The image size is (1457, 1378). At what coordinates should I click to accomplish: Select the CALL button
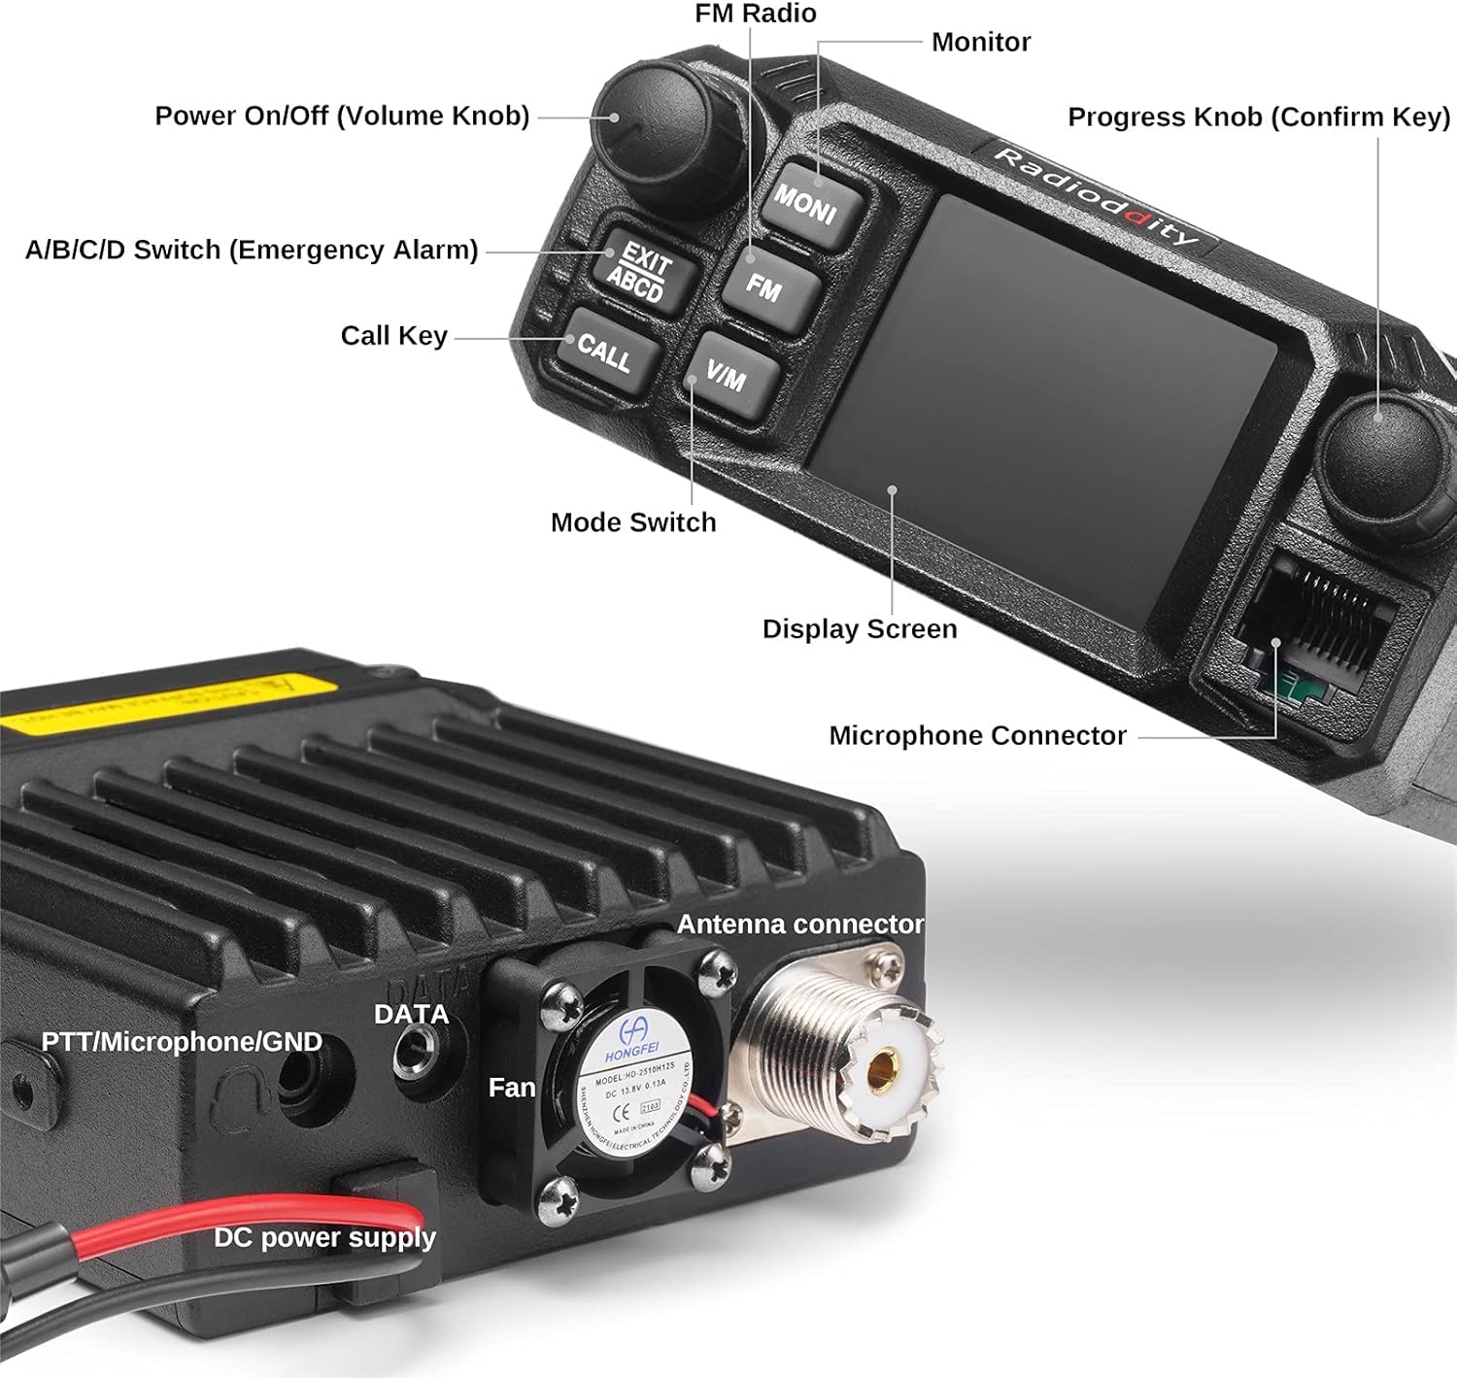click(x=606, y=352)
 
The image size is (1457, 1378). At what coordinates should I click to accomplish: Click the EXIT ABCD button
click(x=641, y=273)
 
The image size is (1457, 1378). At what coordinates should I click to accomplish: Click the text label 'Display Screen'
click(x=860, y=629)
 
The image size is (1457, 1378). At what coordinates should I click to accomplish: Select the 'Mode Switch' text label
click(x=633, y=522)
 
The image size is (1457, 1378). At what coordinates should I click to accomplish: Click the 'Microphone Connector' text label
click(x=977, y=736)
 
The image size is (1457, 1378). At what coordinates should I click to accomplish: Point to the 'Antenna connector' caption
click(x=800, y=924)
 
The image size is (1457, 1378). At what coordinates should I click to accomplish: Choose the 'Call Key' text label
click(x=393, y=336)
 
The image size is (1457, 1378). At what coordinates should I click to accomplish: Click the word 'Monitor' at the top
click(x=981, y=42)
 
